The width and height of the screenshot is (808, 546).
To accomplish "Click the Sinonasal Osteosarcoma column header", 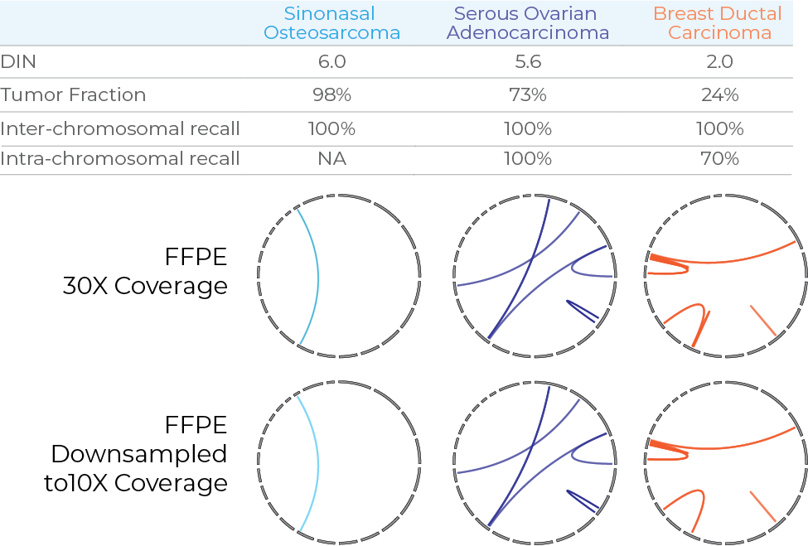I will point(331,23).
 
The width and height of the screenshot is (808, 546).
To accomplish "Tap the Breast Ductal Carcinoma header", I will point(718,23).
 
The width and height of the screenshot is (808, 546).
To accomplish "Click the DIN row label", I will point(18,61).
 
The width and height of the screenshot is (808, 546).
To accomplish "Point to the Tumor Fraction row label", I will point(73,94).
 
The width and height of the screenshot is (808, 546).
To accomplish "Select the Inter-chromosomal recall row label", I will point(120,128).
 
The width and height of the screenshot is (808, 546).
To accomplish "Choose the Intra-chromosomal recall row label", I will point(120,157).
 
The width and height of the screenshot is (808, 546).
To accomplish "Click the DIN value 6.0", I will point(331,61).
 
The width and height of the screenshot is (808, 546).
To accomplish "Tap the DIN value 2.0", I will point(718,61).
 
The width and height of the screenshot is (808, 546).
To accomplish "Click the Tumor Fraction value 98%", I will point(331,94).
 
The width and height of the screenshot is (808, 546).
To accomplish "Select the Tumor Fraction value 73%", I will point(528,94).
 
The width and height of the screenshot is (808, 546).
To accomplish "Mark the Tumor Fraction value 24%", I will point(718,94).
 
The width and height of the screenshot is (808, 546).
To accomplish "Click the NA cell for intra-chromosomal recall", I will point(331,157).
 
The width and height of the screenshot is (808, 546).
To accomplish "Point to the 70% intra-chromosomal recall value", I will point(718,157).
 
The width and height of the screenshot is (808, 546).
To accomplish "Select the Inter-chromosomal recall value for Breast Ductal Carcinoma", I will point(718,128).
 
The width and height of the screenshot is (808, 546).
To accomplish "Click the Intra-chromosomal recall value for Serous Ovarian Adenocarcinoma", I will point(528,157).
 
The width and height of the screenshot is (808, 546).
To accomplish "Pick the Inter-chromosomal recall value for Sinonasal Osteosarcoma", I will point(331,128).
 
